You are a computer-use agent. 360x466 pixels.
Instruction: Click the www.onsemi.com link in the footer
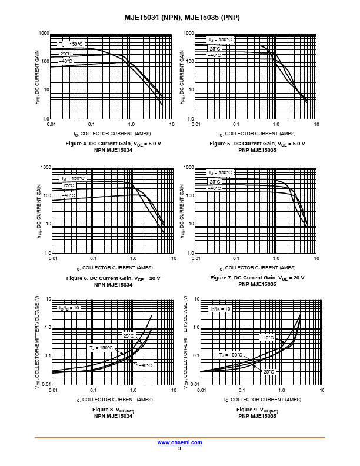[x=179, y=442]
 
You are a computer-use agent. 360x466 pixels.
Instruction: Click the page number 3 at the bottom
[x=179, y=448]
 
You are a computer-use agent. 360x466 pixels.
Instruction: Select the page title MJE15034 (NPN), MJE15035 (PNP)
[x=182, y=18]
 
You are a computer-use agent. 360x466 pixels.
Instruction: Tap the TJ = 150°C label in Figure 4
[x=71, y=44]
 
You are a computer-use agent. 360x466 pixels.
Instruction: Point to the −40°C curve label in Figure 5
[x=214, y=55]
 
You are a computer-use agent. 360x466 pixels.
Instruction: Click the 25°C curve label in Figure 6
[x=69, y=185]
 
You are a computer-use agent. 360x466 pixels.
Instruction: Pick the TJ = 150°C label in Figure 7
[x=220, y=172]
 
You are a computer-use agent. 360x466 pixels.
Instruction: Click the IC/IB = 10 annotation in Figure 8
[x=69, y=308]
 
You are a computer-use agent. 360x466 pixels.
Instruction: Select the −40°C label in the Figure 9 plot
[x=267, y=338]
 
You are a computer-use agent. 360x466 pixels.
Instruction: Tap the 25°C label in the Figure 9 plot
[x=269, y=372]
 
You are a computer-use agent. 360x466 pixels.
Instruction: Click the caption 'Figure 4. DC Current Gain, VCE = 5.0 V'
[x=113, y=144]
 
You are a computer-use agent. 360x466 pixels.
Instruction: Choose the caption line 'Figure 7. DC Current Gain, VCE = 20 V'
[x=257, y=278]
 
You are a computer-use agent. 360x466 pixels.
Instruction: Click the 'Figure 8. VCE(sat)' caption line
[x=113, y=410]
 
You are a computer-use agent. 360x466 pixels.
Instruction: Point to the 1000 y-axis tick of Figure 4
[x=44, y=34]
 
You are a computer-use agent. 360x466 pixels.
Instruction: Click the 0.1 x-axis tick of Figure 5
[x=236, y=124]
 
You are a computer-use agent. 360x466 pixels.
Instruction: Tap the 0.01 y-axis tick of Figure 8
[x=46, y=384]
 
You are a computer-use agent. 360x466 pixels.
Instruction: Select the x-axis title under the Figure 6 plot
[x=114, y=268]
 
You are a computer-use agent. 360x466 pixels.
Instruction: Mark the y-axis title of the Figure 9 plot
[x=186, y=342]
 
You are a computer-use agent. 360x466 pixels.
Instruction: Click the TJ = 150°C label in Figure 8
[x=101, y=348]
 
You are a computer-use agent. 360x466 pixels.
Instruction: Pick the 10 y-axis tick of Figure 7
[x=191, y=224]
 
